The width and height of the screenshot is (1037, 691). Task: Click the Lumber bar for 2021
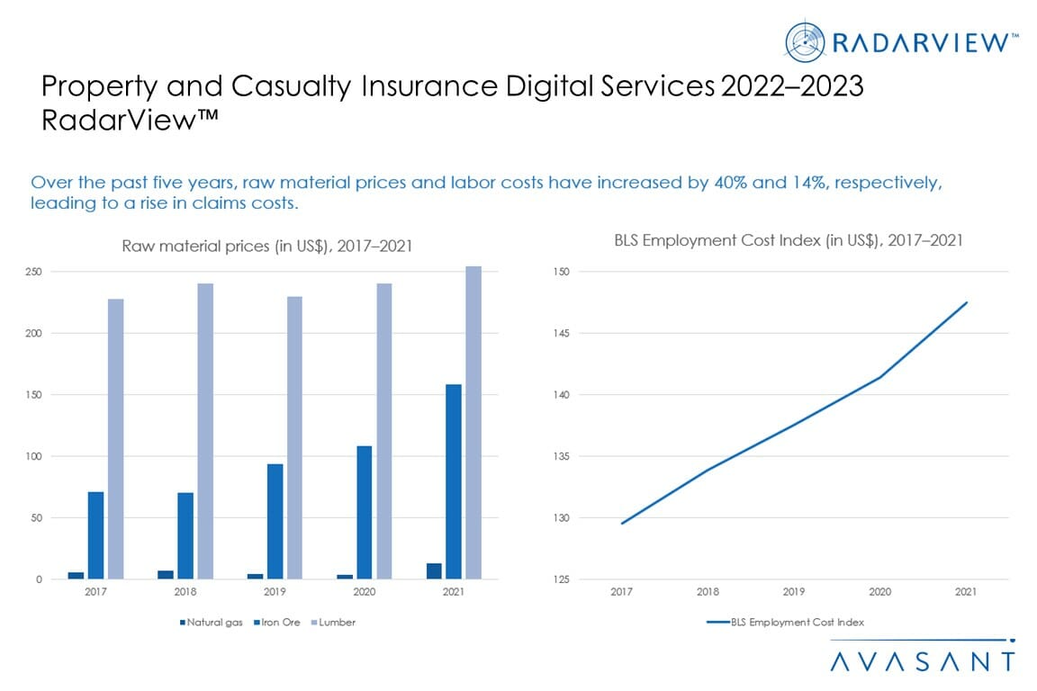tap(473, 423)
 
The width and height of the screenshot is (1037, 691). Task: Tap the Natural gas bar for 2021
tap(434, 571)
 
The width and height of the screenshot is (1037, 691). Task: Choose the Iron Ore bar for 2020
tap(364, 513)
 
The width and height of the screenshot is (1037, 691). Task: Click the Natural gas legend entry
tap(208, 622)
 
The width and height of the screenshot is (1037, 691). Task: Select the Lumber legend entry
tap(333, 622)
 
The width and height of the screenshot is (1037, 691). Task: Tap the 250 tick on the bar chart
tap(33, 272)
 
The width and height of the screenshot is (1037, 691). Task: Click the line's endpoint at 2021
tap(967, 302)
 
